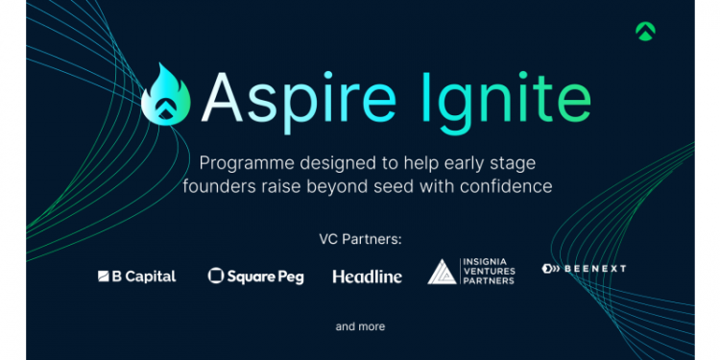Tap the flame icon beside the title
(166, 92)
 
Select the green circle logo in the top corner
(645, 30)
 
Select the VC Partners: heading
(359, 237)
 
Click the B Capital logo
(137, 276)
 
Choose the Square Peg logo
(255, 276)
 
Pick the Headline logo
(368, 276)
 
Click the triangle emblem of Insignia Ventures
(442, 273)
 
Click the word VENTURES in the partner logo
(489, 273)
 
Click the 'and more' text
(360, 326)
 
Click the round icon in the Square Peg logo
(215, 276)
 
